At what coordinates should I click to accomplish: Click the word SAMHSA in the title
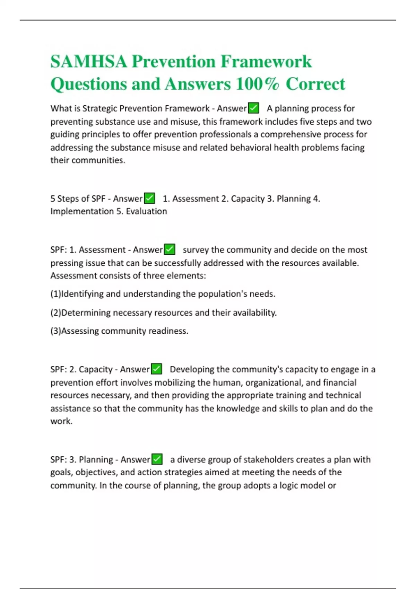[88, 62]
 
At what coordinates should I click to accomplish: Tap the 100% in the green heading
[257, 84]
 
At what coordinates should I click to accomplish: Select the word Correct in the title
[315, 84]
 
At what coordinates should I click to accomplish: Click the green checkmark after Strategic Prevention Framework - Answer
[254, 108]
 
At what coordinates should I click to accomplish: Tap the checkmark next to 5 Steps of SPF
[149, 199]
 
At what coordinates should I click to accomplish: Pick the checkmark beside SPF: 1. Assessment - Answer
[170, 249]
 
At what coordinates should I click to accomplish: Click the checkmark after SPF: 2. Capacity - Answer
[157, 369]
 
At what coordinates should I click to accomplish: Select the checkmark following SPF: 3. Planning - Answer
[157, 459]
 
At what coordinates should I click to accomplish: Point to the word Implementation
[82, 211]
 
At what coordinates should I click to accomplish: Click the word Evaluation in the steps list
[146, 211]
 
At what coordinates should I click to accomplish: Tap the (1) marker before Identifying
[55, 294]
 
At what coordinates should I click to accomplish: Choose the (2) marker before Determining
[55, 313]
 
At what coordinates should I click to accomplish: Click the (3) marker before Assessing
[55, 331]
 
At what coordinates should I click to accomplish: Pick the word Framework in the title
[266, 62]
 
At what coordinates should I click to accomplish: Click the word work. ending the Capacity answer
[61, 421]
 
